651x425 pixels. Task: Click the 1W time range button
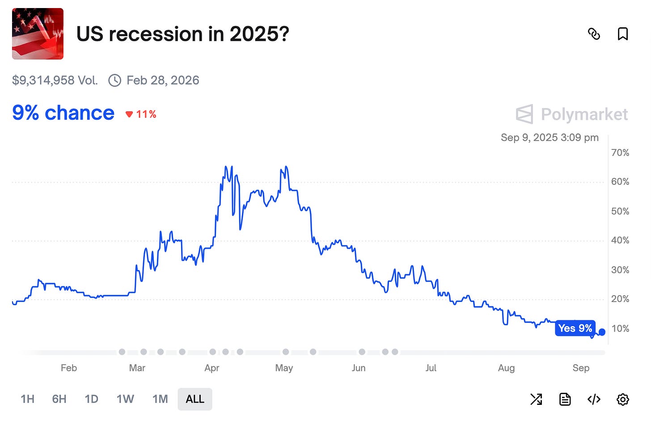tap(125, 399)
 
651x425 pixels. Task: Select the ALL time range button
tap(195, 399)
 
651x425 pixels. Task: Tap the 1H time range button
tap(27, 399)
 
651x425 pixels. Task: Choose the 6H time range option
tap(59, 399)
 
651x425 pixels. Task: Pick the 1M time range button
tap(160, 399)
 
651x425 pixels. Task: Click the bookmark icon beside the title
tap(622, 34)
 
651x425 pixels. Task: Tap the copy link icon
tap(594, 34)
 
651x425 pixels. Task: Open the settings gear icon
tap(622, 399)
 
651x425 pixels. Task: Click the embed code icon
tap(594, 399)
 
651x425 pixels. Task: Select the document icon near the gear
tap(565, 399)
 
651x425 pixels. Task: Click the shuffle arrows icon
tap(536, 399)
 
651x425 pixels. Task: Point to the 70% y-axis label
tap(620, 153)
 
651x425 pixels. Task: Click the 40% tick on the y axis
tap(620, 240)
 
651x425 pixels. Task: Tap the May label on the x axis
tap(284, 368)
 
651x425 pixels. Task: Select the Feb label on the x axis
tap(69, 368)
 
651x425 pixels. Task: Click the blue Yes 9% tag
tap(575, 328)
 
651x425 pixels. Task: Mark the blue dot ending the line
tap(602, 332)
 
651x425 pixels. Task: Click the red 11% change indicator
tap(141, 114)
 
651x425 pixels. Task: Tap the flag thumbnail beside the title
tap(38, 34)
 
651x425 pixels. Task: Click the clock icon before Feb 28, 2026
tap(115, 81)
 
